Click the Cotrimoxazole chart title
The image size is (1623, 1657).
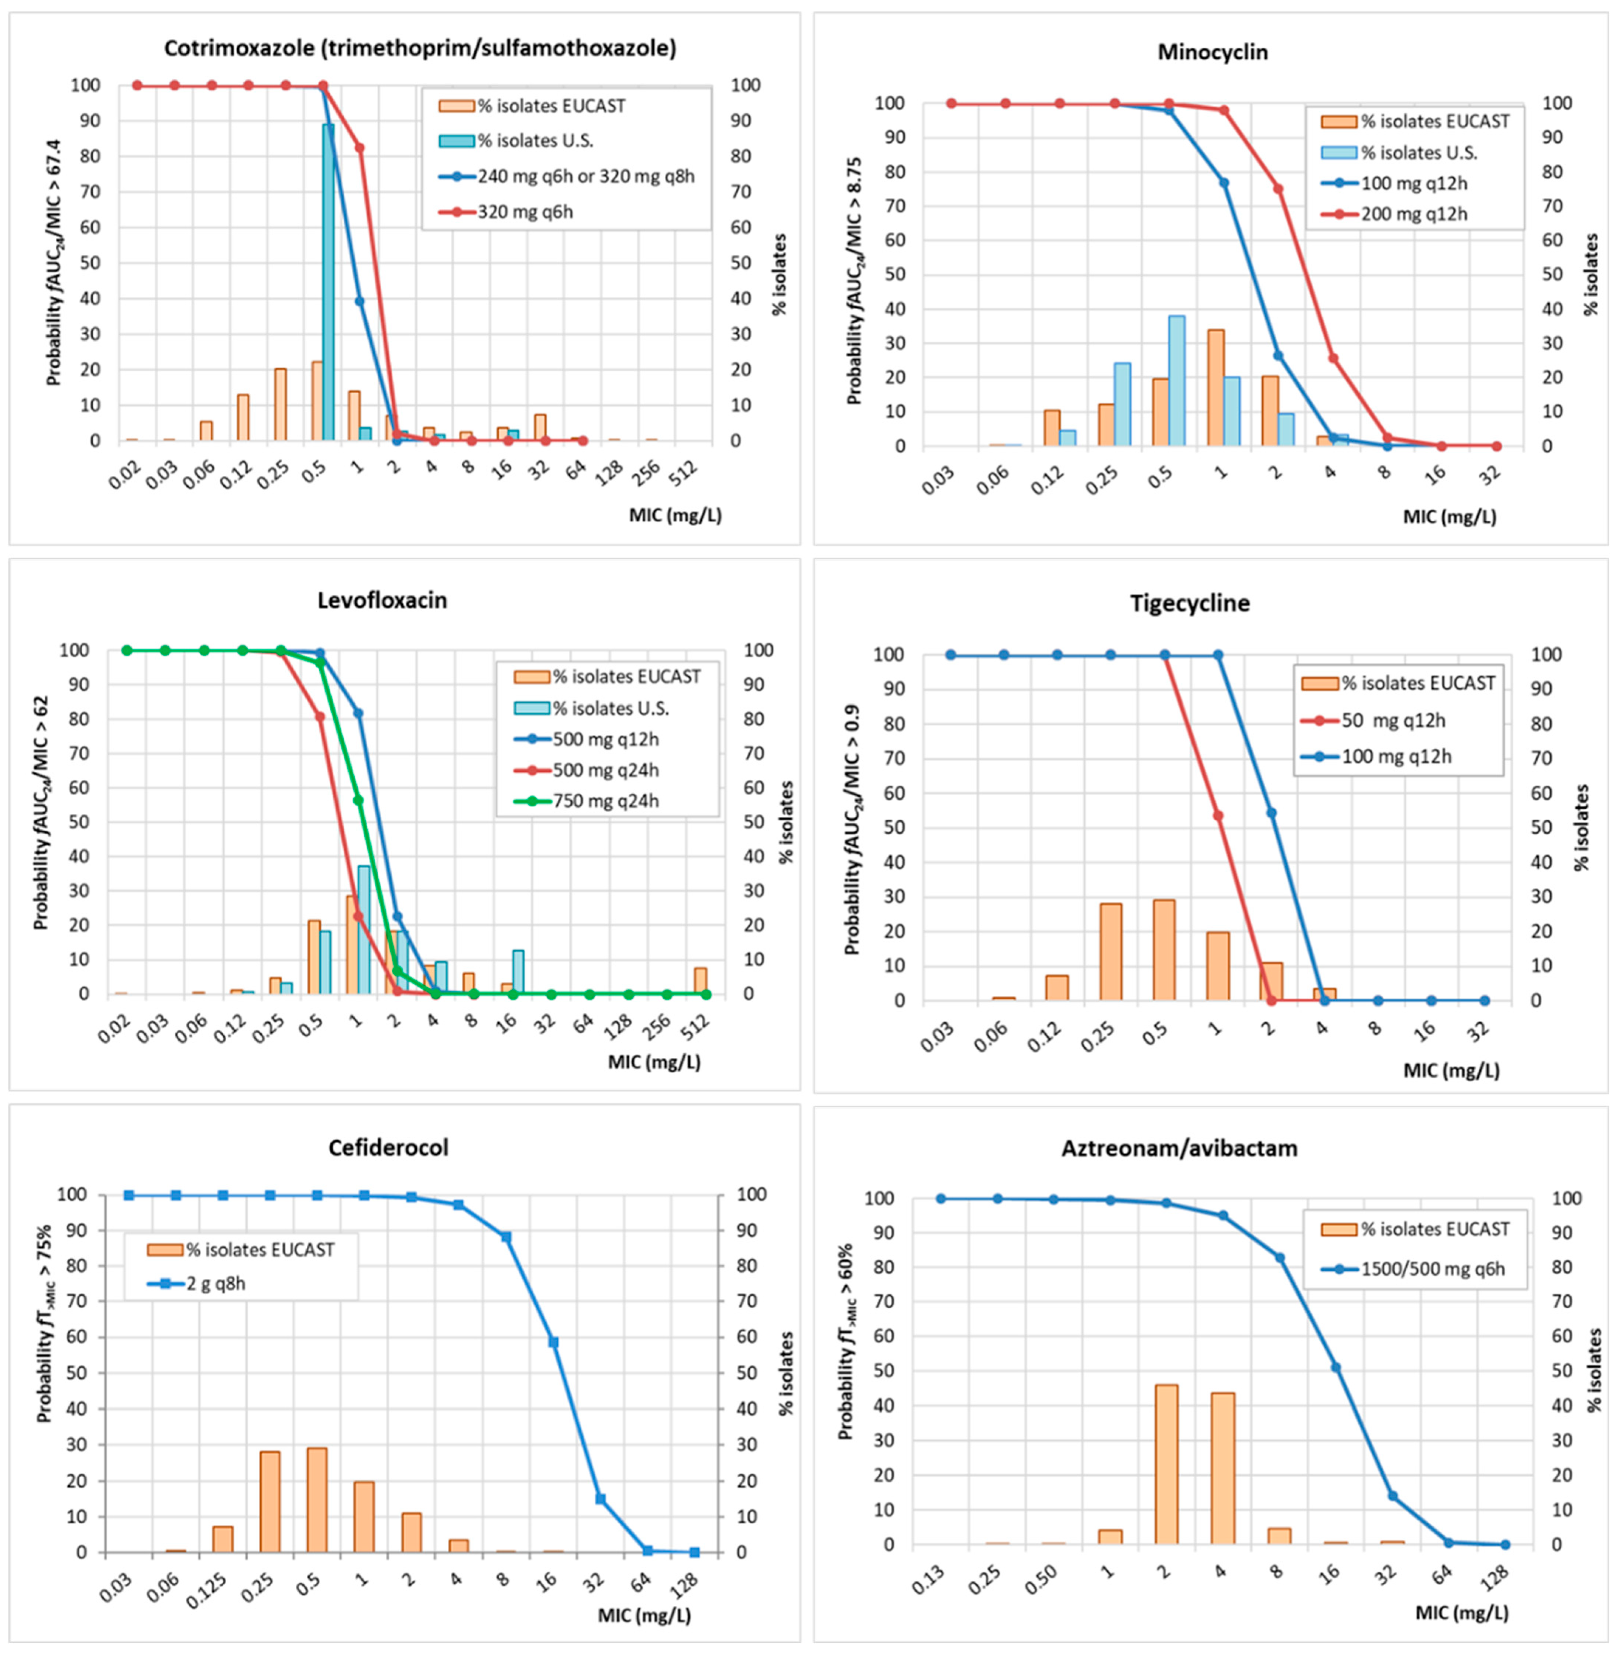[420, 49]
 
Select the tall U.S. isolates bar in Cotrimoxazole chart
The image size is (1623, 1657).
[328, 281]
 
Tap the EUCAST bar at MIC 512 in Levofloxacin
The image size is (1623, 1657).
[700, 980]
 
